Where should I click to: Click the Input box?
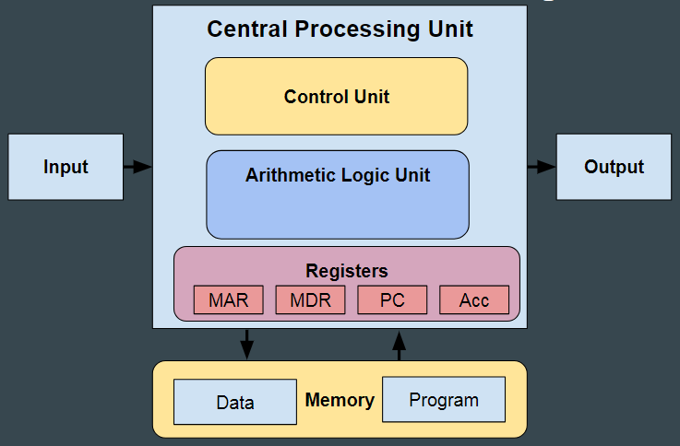click(x=66, y=167)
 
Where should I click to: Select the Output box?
click(x=614, y=167)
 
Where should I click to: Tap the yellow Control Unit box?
click(x=336, y=97)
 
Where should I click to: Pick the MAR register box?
click(x=228, y=300)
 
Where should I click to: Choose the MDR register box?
click(x=310, y=300)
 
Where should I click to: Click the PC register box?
click(x=392, y=300)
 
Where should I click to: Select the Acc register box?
click(x=474, y=300)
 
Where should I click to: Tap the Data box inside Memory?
click(x=235, y=403)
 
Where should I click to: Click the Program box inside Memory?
click(x=444, y=400)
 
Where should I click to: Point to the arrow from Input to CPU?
click(x=137, y=167)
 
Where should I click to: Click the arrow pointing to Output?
click(x=542, y=167)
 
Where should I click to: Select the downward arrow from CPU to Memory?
click(x=246, y=344)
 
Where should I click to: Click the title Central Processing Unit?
click(x=340, y=29)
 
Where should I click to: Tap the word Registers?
click(x=347, y=271)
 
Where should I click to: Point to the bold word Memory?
click(x=340, y=401)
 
